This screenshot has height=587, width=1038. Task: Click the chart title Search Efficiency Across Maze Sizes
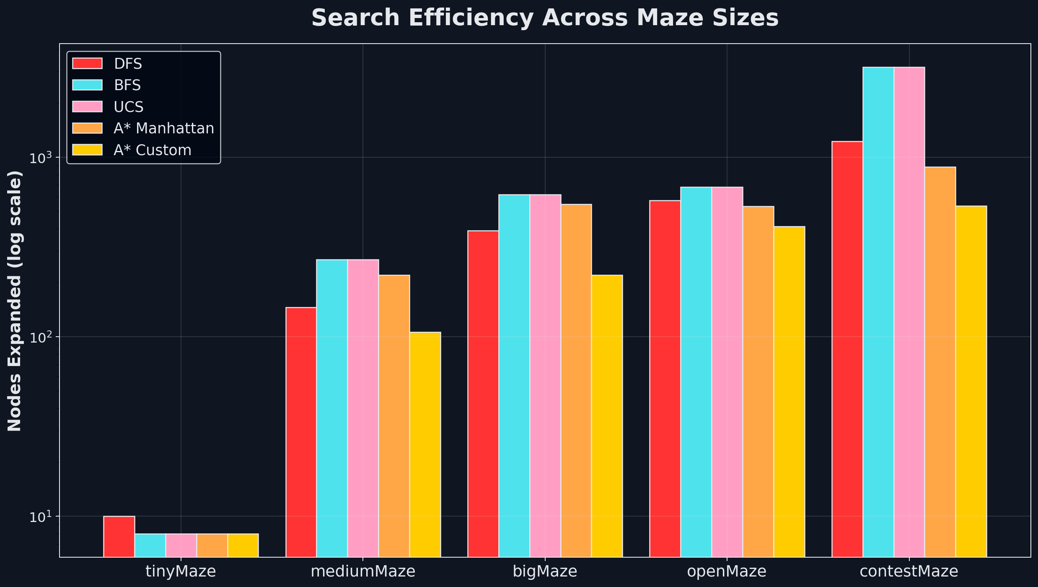click(545, 18)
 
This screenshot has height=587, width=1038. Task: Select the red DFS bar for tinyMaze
click(119, 536)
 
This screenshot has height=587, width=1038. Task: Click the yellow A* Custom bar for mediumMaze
click(425, 444)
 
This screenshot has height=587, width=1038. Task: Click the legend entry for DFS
click(128, 64)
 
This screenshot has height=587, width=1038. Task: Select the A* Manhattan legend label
click(164, 128)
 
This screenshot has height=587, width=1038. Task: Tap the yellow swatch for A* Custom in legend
click(87, 150)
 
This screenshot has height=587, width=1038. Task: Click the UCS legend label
click(129, 107)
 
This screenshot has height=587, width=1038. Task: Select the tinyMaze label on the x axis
click(181, 571)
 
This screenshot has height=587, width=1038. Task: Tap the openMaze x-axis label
click(727, 571)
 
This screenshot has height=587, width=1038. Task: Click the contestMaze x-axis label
click(909, 571)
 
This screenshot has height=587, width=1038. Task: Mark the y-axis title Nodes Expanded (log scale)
click(15, 300)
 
